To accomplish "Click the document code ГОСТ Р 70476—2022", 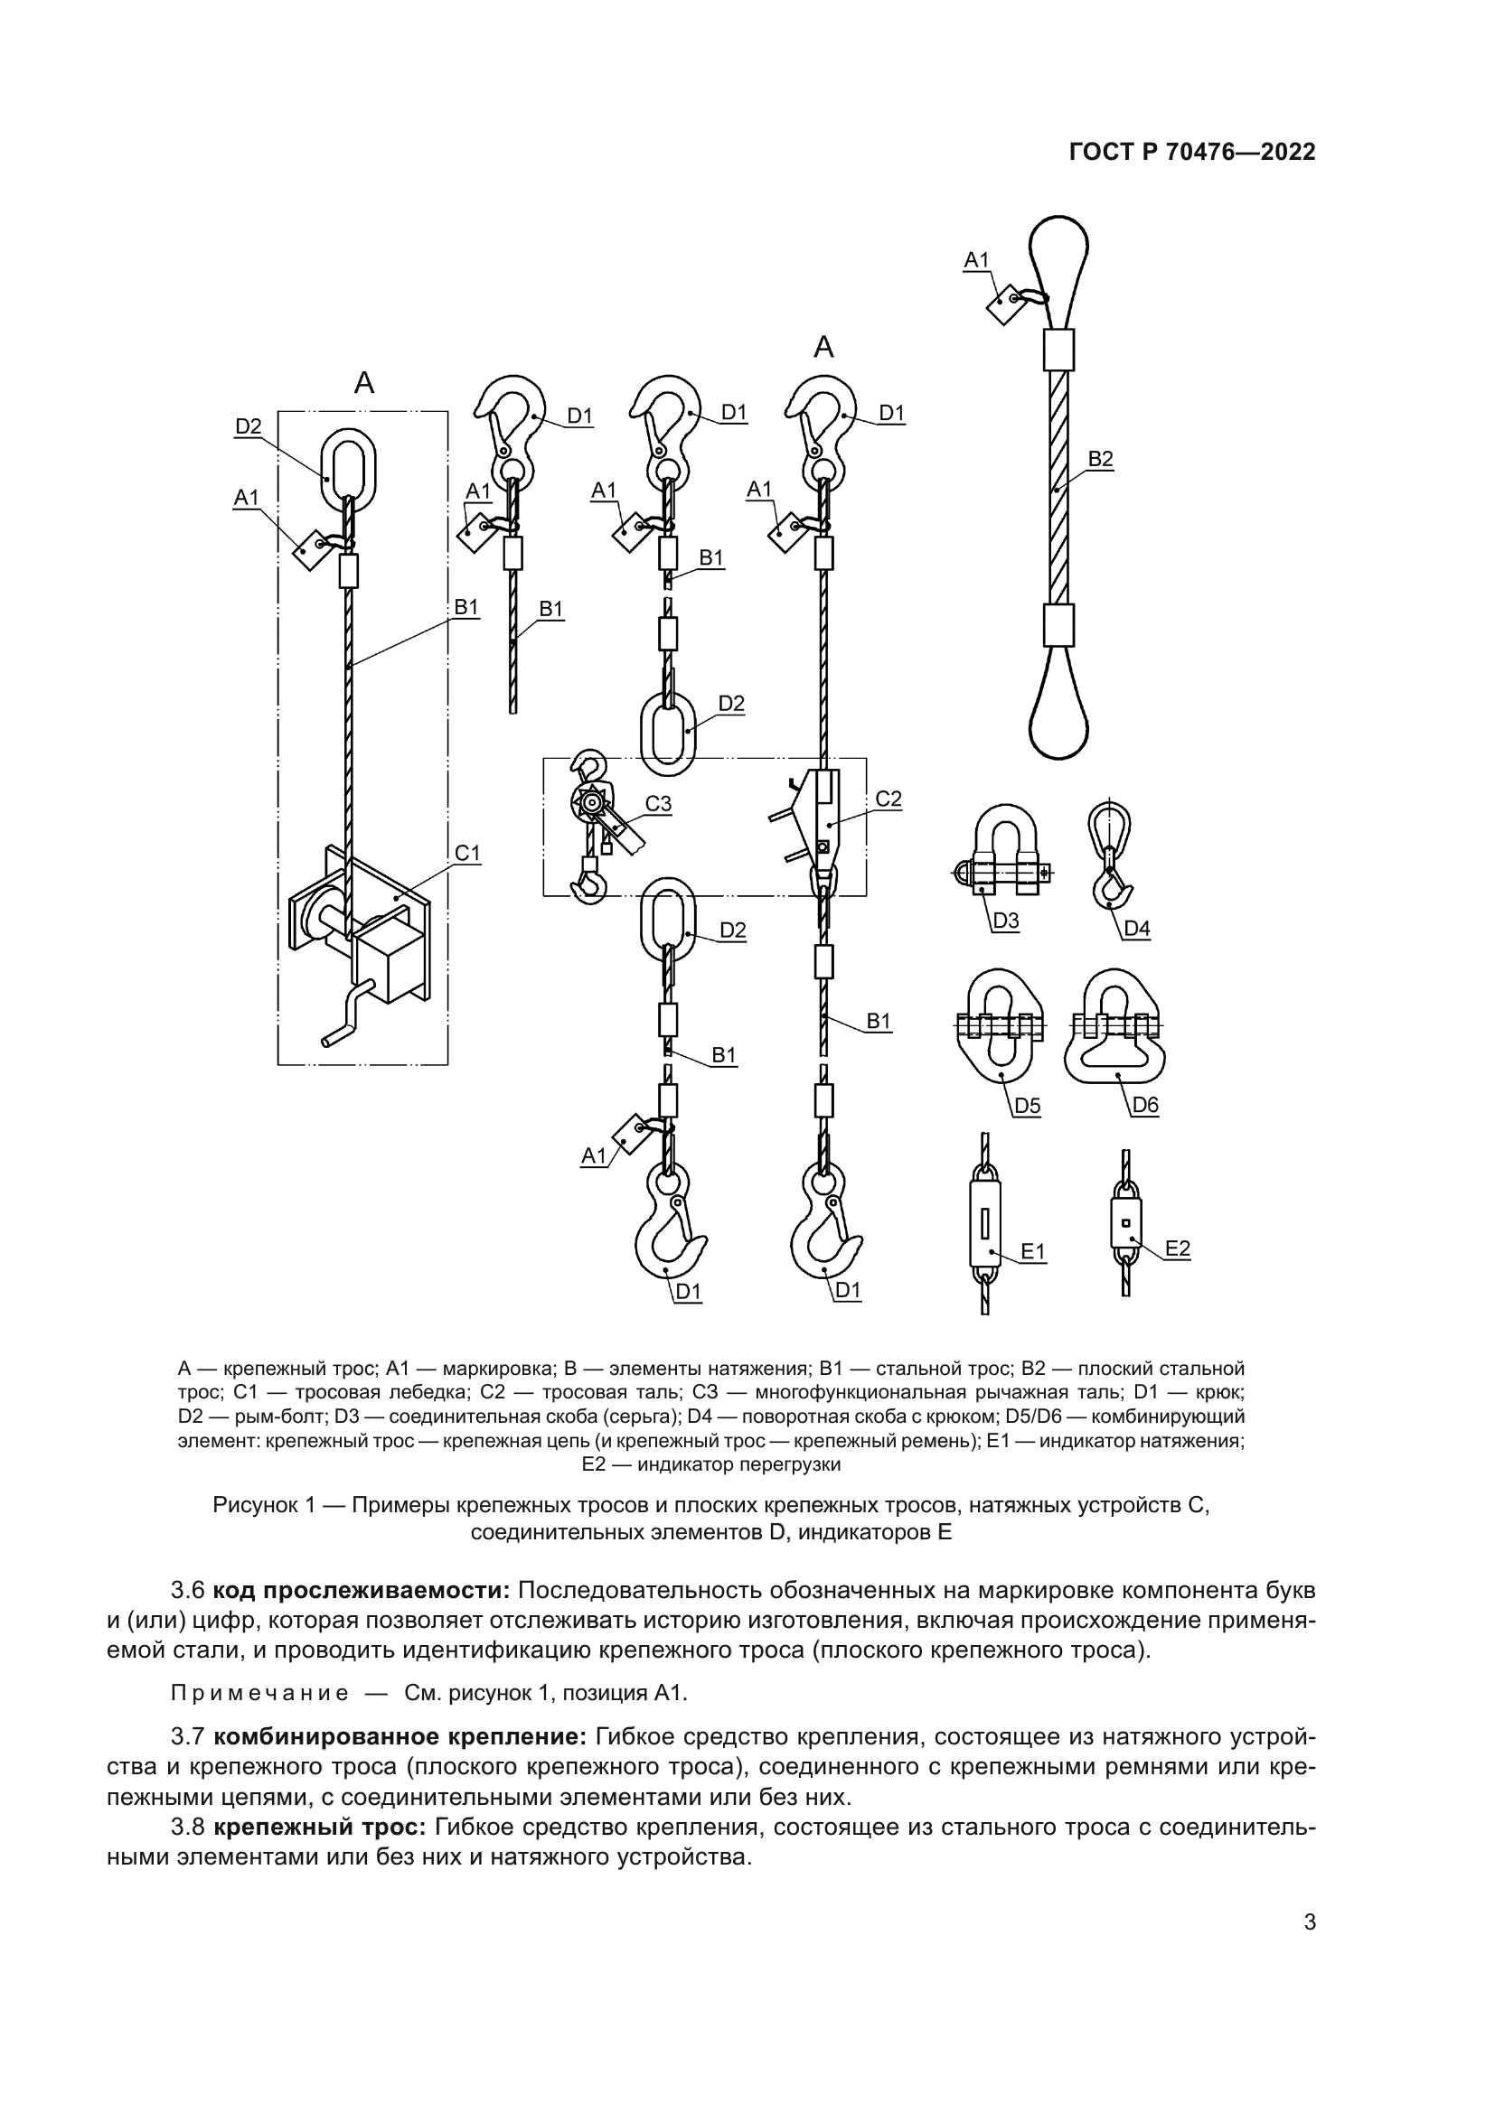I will coord(1192,153).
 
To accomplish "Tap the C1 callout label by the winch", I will coord(467,853).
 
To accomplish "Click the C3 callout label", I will coord(658,803).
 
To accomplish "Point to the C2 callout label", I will coord(889,799).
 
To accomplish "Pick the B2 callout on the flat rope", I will coord(1100,458).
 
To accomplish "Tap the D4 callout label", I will coord(1137,929).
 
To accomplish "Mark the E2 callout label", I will coord(1178,1248).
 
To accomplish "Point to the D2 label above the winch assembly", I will coord(249,426).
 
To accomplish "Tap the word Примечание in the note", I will coord(259,1693).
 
